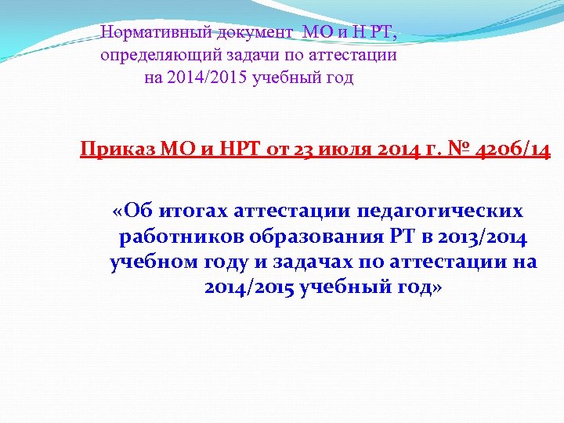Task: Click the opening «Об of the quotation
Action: (131, 211)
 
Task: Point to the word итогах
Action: (188, 211)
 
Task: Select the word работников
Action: (179, 237)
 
